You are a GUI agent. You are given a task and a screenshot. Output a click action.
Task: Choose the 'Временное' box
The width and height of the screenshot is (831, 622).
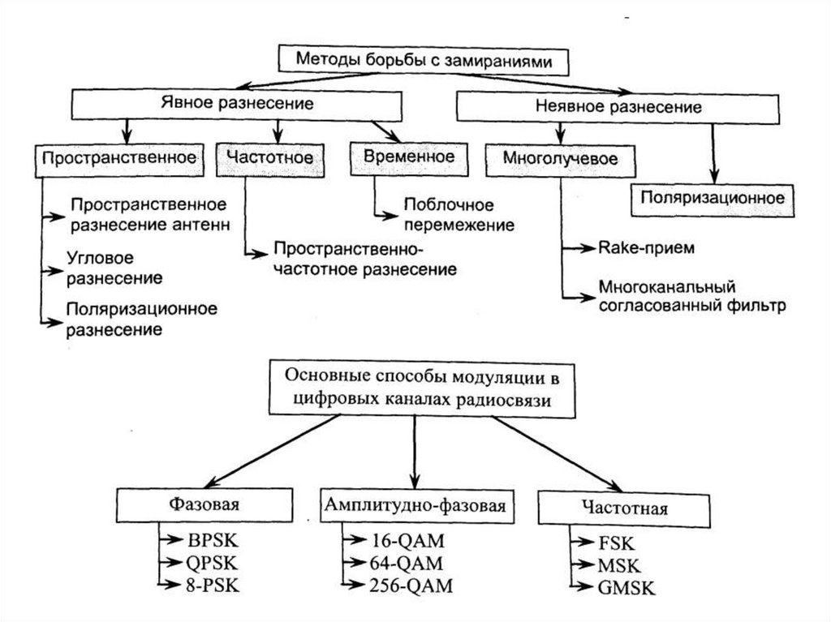(403, 157)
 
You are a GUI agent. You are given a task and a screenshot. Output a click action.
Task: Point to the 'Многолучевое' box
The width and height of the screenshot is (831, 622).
(560, 159)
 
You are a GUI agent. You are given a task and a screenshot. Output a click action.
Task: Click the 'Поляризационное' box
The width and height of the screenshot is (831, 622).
(713, 197)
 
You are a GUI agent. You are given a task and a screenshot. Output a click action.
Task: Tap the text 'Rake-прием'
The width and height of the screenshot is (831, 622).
(646, 247)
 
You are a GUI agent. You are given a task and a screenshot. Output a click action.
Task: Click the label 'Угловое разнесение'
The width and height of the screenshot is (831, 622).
(114, 267)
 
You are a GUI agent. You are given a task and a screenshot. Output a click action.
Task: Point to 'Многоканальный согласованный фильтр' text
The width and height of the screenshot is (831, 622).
(692, 298)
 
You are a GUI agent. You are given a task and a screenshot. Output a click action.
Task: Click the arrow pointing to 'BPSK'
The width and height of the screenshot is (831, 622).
(170, 539)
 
